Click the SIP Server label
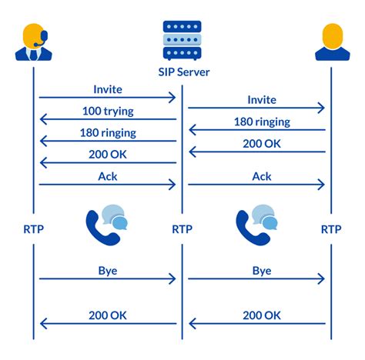tap(182, 73)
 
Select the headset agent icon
tap(33, 42)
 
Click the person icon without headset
tap(331, 42)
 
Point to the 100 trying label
tap(108, 111)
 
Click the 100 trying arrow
tap(108, 119)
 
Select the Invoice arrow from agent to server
tap(108, 97)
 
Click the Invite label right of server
tap(262, 99)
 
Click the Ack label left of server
tap(108, 175)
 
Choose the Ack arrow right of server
tap(257, 185)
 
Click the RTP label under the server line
tap(182, 228)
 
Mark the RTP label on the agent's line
tap(33, 228)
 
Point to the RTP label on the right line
tap(331, 228)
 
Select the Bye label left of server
tap(108, 271)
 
